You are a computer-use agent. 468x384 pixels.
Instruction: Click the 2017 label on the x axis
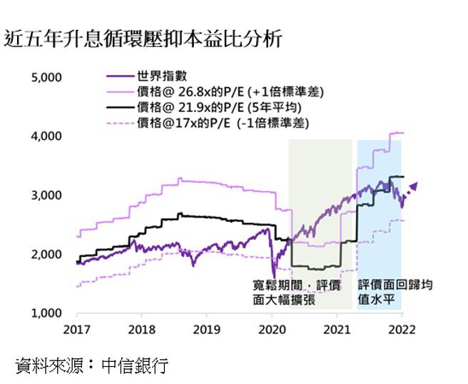click(76, 330)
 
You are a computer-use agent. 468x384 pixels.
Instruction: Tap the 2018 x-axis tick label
click(141, 330)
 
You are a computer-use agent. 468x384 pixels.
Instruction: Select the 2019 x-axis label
click(206, 330)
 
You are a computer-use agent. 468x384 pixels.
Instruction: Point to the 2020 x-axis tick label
click(271, 330)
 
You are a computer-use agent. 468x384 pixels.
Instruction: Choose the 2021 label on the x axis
click(336, 330)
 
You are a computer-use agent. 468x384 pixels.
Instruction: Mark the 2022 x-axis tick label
click(401, 330)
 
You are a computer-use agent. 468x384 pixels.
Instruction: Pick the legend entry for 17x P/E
click(210, 122)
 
